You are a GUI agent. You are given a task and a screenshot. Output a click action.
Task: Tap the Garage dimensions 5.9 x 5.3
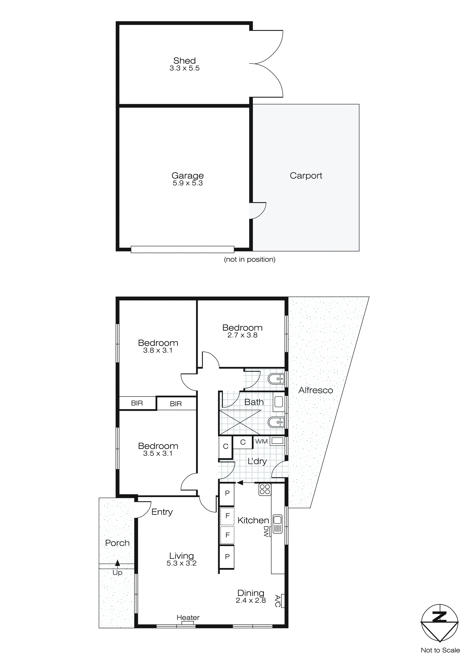pos(188,183)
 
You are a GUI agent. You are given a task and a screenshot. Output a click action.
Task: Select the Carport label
pos(306,176)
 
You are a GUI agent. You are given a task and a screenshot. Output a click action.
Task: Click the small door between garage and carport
pos(257,211)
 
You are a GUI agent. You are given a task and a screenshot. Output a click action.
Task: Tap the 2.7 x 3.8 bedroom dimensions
pos(242,335)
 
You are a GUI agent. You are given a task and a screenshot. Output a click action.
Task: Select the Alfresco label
pos(315,390)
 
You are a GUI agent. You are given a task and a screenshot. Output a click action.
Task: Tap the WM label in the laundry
pos(261,441)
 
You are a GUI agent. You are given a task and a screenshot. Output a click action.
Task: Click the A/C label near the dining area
pos(278,601)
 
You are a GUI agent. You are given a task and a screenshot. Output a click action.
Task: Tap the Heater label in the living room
pos(188,618)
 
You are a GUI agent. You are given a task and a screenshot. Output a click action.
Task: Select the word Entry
pos(162,512)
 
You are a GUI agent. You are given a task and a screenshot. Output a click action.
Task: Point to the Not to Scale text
pos(440,650)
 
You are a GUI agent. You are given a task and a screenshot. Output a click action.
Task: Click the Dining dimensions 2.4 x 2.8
pos(251,601)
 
